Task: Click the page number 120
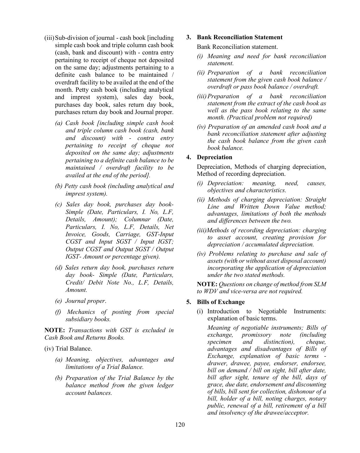coord(180,425)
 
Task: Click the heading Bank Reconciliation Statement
coord(239,37)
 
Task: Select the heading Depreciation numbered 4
coord(214,157)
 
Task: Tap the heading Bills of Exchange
coord(221,302)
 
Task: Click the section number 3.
coord(189,37)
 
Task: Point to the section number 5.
coord(189,302)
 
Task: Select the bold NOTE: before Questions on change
coord(207,284)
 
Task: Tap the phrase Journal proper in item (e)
coord(85,301)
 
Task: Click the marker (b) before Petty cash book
coord(59,186)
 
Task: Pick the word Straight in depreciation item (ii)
coord(315,200)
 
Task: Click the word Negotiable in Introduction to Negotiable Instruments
coord(272,311)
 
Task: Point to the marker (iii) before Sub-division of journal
coord(49,38)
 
